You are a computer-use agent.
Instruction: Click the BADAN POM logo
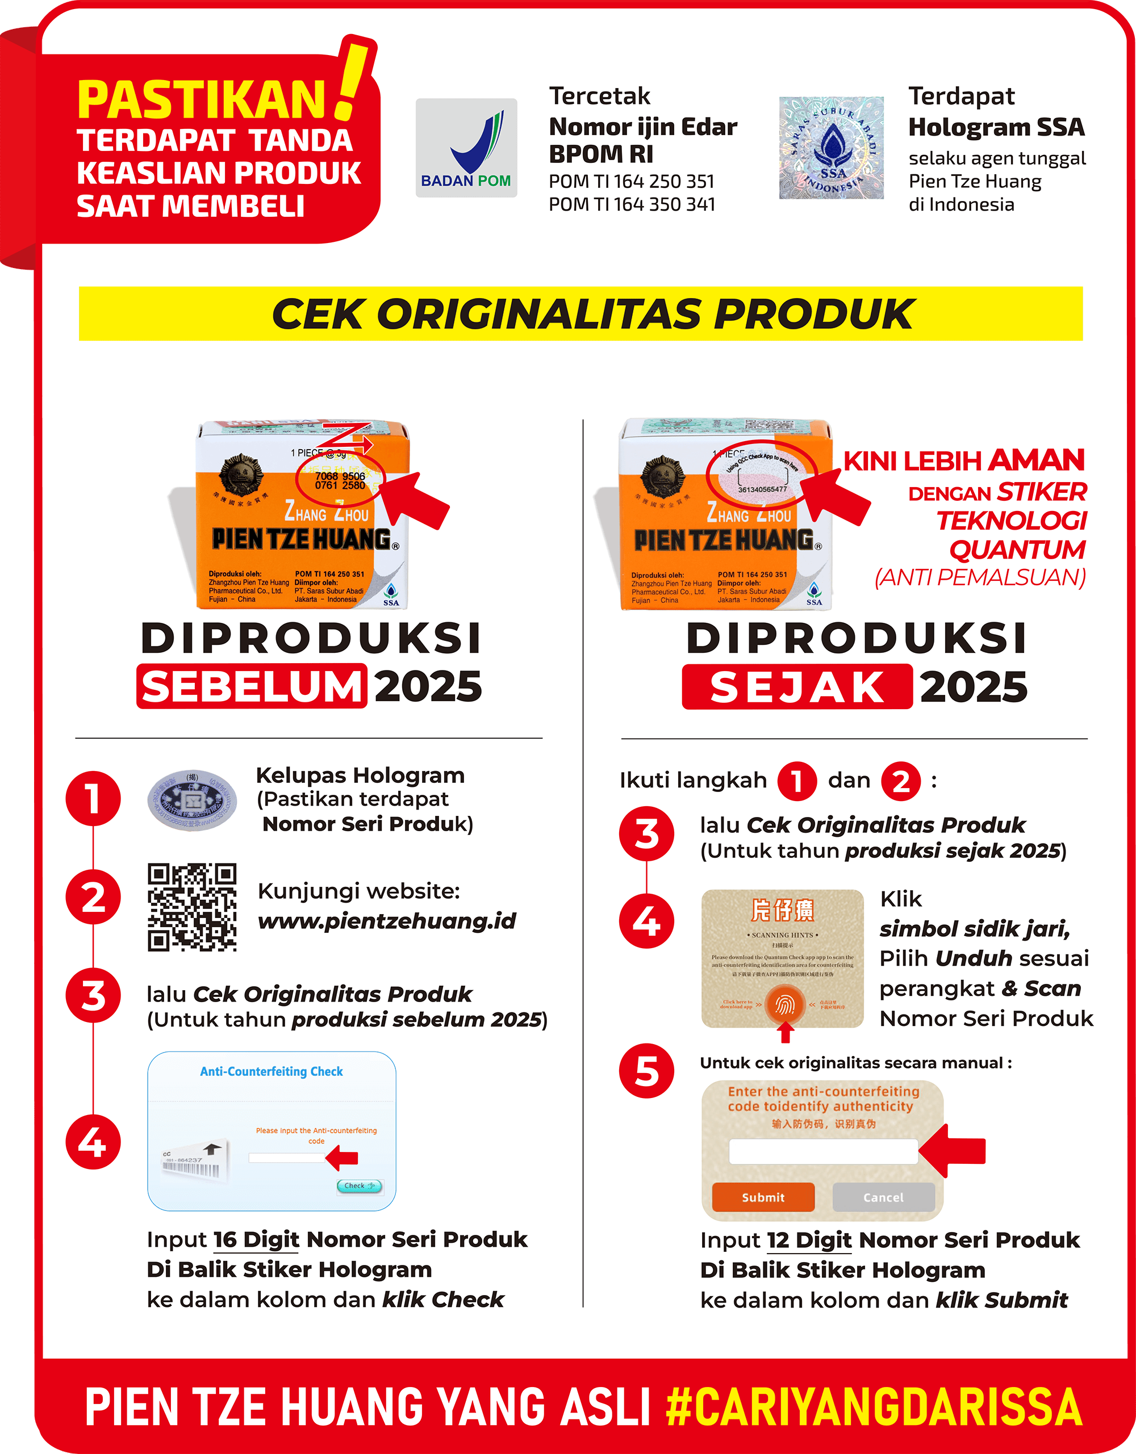466,148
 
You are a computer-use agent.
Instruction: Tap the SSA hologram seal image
831,148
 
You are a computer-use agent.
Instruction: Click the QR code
192,907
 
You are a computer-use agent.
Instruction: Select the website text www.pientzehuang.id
387,921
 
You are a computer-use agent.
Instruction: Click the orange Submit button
763,1197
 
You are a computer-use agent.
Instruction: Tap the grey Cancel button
883,1197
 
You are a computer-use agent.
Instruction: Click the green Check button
360,1185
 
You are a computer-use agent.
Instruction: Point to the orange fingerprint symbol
785,1004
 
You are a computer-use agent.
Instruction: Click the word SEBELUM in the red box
252,686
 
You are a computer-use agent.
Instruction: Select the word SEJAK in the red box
797,687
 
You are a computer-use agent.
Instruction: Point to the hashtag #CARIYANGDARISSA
874,1407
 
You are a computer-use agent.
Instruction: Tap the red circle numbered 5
646,1071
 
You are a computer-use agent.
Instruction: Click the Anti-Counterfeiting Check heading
271,1071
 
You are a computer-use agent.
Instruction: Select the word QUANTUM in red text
1017,550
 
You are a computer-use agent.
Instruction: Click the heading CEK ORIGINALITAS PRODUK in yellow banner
592,313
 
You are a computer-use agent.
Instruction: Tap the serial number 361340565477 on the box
762,489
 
